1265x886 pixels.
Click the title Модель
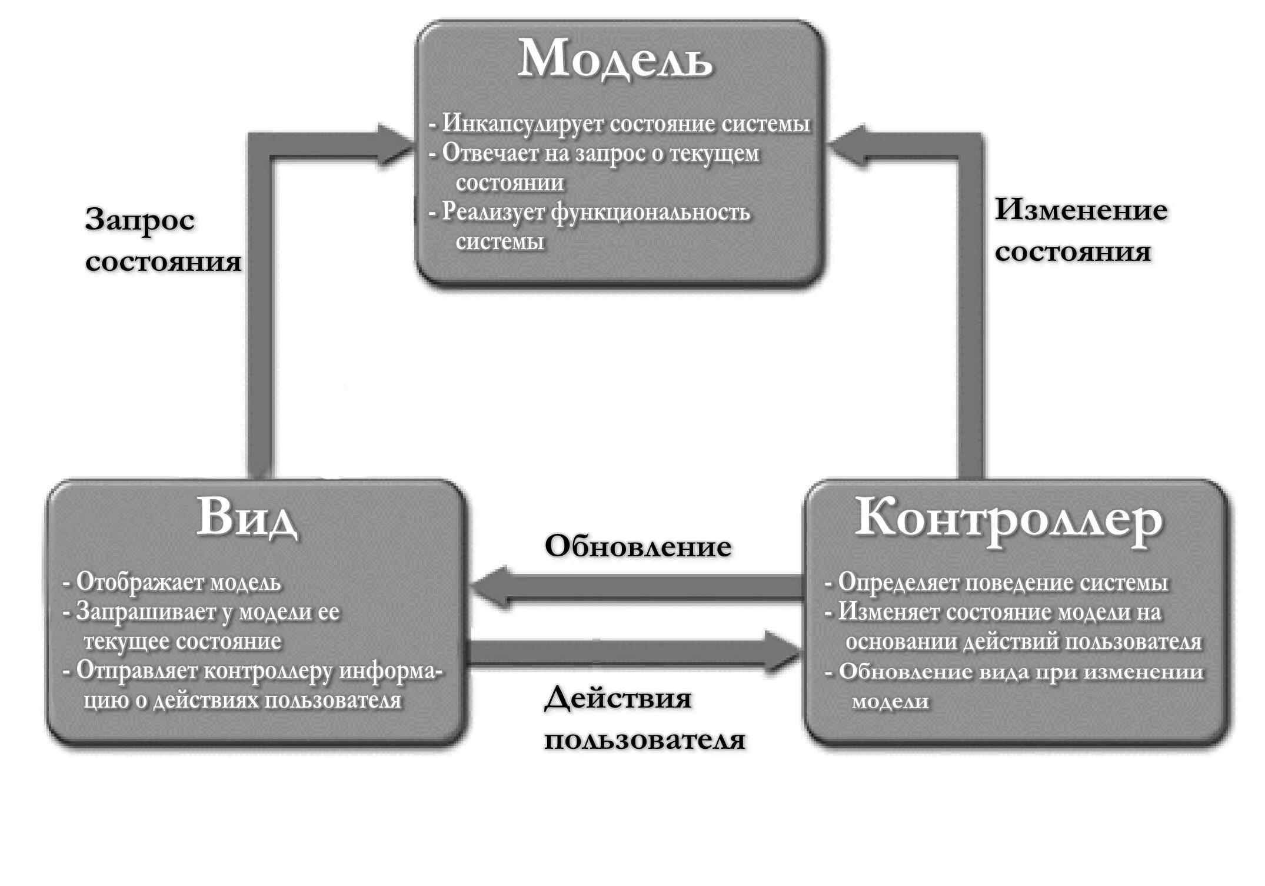click(615, 59)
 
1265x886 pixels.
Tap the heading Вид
click(247, 518)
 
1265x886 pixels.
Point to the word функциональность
click(650, 212)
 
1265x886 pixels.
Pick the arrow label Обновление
click(638, 546)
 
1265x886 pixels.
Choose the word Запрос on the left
click(140, 220)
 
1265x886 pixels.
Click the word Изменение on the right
click(1081, 210)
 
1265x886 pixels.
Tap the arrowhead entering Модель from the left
click(394, 145)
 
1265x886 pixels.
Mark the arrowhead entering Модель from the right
click(847, 145)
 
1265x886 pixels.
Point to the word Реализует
click(493, 212)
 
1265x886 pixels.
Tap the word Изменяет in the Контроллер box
click(888, 612)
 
